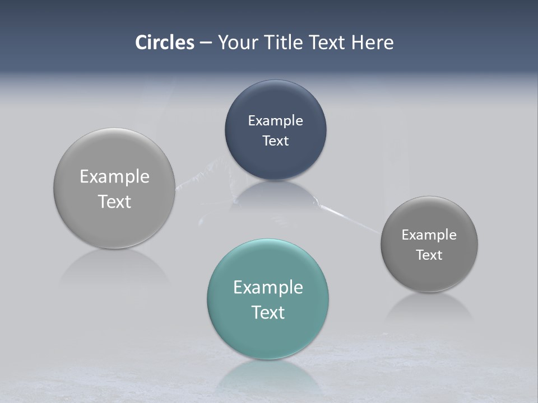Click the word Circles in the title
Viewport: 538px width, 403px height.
(x=165, y=43)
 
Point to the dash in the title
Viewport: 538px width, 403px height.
(x=206, y=43)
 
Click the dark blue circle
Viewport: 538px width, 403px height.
(x=275, y=130)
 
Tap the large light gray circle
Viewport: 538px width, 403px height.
(x=114, y=189)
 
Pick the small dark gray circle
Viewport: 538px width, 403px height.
(x=429, y=244)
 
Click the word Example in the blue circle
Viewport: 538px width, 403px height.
(x=275, y=120)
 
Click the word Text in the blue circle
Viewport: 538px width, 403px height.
(x=275, y=140)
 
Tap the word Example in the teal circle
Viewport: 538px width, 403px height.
(x=268, y=287)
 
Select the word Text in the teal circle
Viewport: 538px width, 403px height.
(x=268, y=312)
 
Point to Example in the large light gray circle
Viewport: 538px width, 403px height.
(x=114, y=176)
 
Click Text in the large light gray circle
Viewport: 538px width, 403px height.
(x=114, y=201)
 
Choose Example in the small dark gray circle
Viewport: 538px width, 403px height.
(x=429, y=235)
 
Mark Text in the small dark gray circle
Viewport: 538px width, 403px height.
(x=429, y=255)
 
